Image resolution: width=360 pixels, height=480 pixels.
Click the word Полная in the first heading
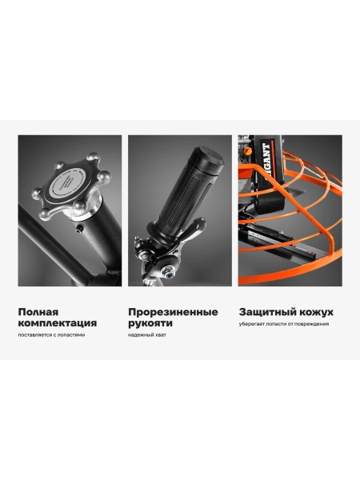pyautogui.click(x=38, y=312)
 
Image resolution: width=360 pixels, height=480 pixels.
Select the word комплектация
pyautogui.click(x=58, y=323)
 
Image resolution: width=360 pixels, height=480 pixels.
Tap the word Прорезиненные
pyautogui.click(x=173, y=312)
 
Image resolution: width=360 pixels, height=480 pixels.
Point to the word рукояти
pyautogui.click(x=150, y=323)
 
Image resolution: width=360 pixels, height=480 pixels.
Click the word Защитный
pyautogui.click(x=264, y=312)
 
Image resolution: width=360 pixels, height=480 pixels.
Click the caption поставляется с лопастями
pyautogui.click(x=51, y=335)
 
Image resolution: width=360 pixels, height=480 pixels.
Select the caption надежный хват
pyautogui.click(x=147, y=335)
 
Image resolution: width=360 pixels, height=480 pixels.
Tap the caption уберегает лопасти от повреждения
pyautogui.click(x=284, y=324)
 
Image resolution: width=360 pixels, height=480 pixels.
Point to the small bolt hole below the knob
pyautogui.click(x=80, y=229)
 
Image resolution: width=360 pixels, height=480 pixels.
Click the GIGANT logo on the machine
pyautogui.click(x=266, y=155)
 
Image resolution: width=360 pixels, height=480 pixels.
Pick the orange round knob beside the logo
pyautogui.click(x=248, y=151)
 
